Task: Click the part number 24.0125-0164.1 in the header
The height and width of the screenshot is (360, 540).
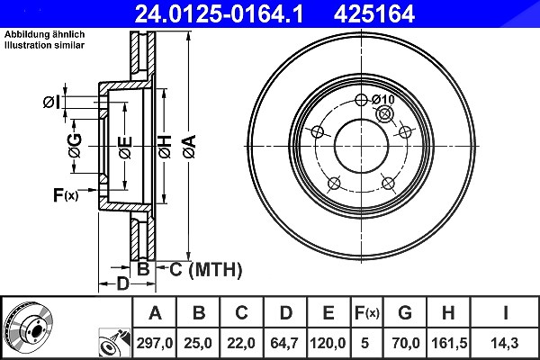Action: coord(219,13)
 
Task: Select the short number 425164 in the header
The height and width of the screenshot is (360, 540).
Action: coord(374,13)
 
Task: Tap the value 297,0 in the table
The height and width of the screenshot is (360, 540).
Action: coord(154,343)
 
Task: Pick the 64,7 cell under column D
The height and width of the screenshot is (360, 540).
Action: coord(284,343)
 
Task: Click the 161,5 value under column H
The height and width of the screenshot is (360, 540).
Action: coord(449,343)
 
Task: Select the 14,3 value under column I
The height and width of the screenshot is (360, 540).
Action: coord(505,343)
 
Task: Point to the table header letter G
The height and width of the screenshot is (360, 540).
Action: coord(405,313)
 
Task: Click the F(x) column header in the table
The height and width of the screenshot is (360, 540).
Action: coord(367,313)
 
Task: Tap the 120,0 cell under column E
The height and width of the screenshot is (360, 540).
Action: coord(328,343)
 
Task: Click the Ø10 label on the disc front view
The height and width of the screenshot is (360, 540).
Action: coord(383,100)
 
